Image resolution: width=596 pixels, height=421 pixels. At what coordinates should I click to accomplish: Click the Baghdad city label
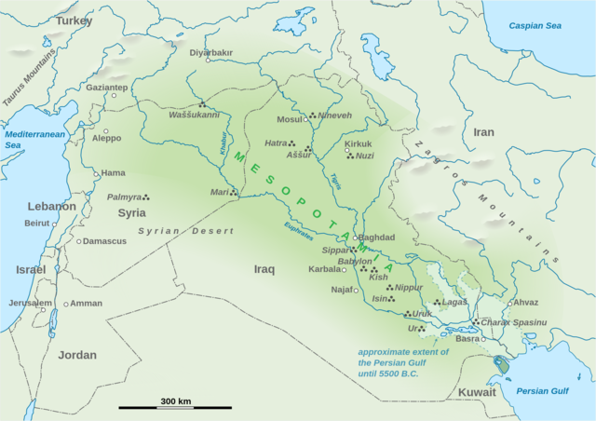pos(377,238)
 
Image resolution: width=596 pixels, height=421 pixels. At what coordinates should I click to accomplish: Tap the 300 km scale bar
pos(175,407)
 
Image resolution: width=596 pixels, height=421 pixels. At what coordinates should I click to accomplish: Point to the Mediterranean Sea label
pos(26,140)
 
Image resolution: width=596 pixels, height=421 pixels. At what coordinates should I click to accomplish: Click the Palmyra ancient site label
pos(124,197)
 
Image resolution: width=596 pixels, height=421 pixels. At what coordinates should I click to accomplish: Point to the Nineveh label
pos(334,116)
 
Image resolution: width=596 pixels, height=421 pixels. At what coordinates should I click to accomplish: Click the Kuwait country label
pos(477,392)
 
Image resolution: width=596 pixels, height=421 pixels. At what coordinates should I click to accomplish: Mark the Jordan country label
pos(76,355)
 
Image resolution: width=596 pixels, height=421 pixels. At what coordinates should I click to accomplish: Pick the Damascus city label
pos(104,241)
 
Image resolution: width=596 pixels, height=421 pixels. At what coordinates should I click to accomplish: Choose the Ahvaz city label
pos(526,303)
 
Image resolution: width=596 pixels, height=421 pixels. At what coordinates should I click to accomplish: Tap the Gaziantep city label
pos(107,88)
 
